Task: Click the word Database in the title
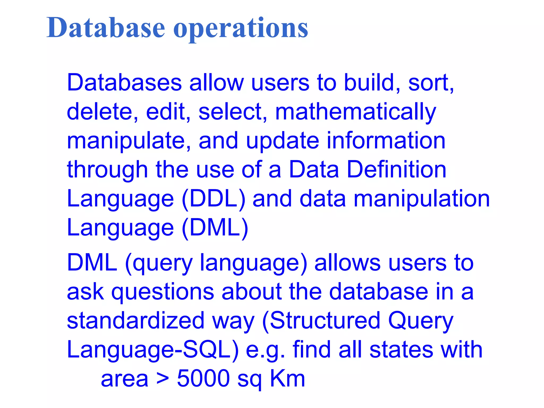pos(106,28)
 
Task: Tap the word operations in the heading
pos(241,29)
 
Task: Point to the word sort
pos(431,83)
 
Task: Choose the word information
pos(386,141)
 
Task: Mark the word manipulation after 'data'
pos(422,199)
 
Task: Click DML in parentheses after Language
pos(215,228)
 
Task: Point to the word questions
pos(163,292)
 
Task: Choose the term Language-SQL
pos(153,350)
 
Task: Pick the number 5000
pos(203,378)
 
